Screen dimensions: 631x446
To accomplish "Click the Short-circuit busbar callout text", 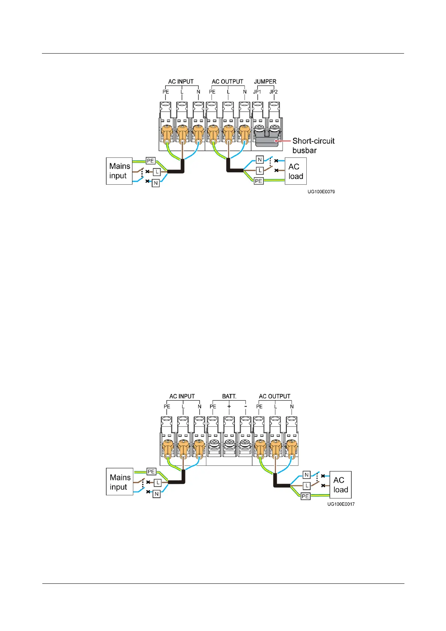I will (313, 145).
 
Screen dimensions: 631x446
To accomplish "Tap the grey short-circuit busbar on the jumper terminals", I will (267, 142).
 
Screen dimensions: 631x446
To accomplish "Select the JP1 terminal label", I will (257, 92).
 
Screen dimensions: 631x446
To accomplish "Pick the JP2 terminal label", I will (274, 92).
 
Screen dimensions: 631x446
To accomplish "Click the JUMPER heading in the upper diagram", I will (265, 81).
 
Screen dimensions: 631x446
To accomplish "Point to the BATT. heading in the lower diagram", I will (229, 396).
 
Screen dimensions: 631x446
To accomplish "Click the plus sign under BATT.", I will (229, 406).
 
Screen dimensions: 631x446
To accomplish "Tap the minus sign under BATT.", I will (245, 406).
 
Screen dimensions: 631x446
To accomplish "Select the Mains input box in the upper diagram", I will (119, 171).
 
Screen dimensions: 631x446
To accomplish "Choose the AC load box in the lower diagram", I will (340, 484).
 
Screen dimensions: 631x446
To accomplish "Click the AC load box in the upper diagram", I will (295, 171).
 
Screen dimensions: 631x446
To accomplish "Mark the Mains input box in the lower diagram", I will (120, 482).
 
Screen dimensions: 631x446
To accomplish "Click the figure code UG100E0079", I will (321, 191).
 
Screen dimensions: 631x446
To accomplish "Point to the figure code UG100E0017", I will (341, 504).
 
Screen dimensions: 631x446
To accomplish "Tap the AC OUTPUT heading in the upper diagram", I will (227, 81).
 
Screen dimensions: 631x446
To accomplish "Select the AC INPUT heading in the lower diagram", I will (182, 396).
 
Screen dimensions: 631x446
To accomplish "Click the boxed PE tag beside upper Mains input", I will (151, 161).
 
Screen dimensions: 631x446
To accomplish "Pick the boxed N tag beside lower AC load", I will (307, 475).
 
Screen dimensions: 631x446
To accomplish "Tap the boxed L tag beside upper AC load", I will (260, 170).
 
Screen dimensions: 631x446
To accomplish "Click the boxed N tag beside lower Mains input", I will (157, 494).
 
